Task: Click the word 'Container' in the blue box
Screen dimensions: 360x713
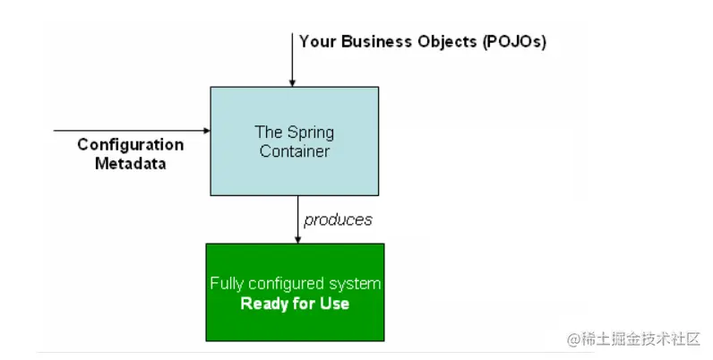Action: point(295,151)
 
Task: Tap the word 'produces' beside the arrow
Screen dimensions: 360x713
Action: point(338,219)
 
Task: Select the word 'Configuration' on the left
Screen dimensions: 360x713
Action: point(131,145)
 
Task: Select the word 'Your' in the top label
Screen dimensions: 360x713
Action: point(318,41)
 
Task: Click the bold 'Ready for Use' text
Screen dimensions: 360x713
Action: point(295,304)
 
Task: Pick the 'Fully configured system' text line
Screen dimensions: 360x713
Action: point(295,284)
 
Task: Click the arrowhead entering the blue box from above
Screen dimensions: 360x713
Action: point(293,82)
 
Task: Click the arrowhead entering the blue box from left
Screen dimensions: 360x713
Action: point(206,131)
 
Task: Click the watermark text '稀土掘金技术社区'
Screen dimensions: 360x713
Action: point(642,340)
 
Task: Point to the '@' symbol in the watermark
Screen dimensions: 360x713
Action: point(574,340)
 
